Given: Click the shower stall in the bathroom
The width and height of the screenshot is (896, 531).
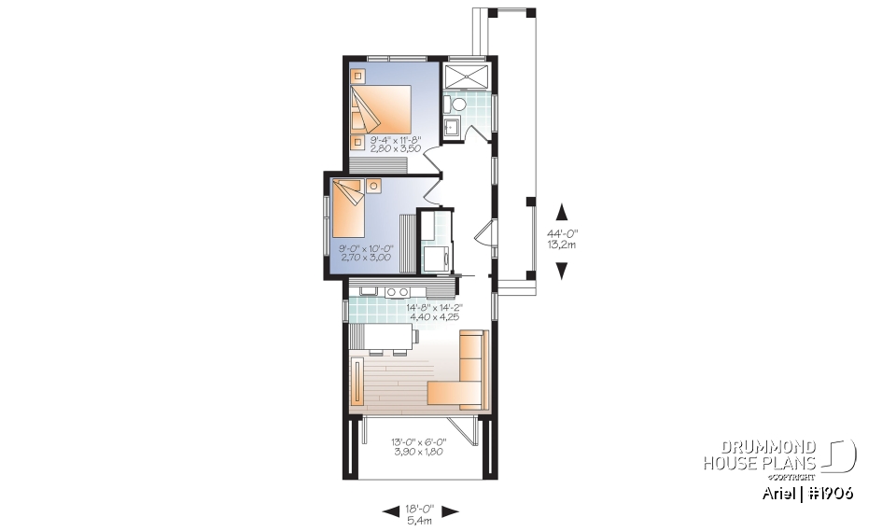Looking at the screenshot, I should pyautogui.click(x=464, y=77).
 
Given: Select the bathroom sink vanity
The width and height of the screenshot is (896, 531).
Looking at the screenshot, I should pyautogui.click(x=451, y=126).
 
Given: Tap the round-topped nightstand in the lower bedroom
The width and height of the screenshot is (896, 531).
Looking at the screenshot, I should pyautogui.click(x=374, y=186).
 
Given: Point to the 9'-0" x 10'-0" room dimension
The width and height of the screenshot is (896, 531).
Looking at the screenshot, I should pyautogui.click(x=367, y=253).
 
